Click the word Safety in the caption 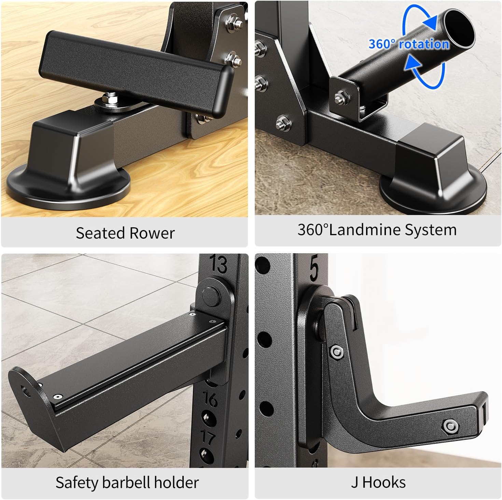coord(77,483)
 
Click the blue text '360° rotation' coord(408,44)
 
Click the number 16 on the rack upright coord(210,398)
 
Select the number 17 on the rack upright coord(208,438)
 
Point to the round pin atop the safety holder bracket coord(211,296)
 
